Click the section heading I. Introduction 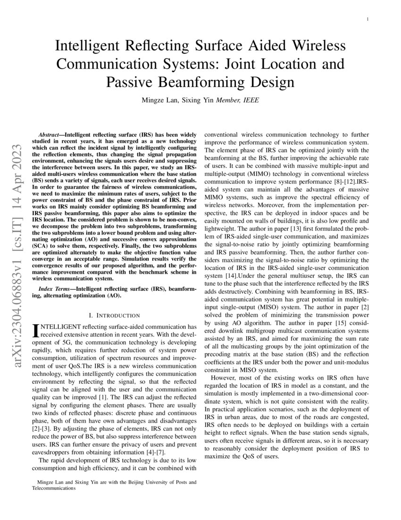coord(114,315)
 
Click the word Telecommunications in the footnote coord(54,489)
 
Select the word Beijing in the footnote coord(146,483)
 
